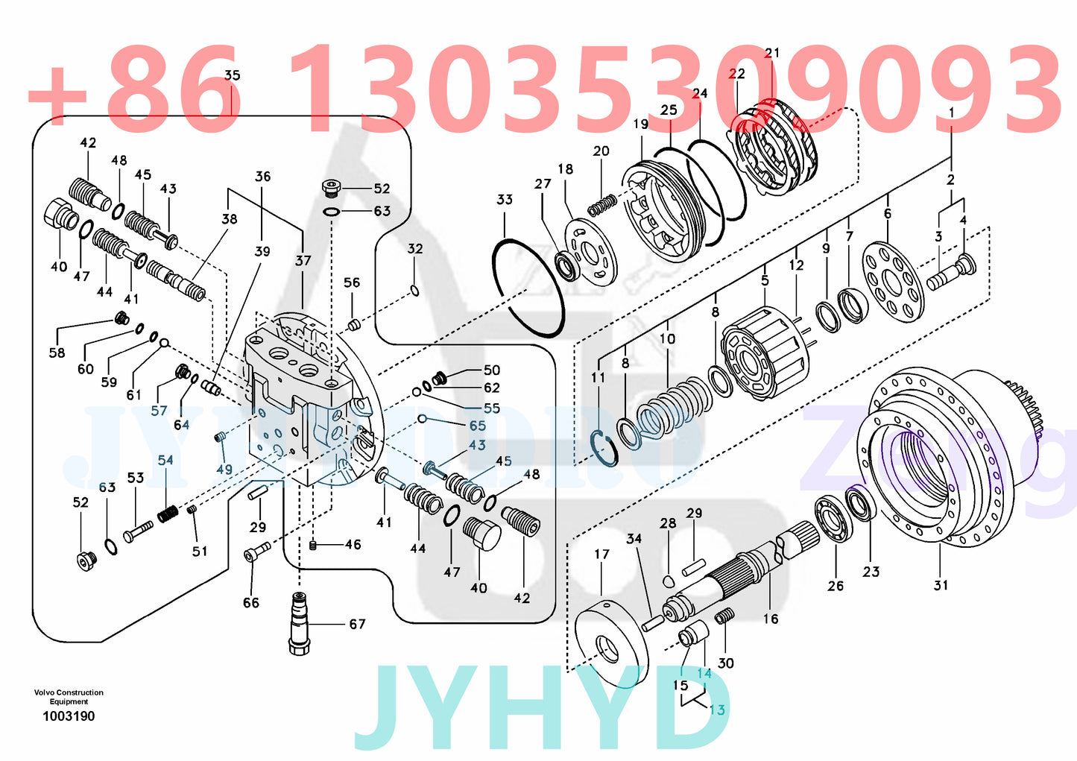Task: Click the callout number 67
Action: pos(357,624)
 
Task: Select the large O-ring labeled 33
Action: pos(528,288)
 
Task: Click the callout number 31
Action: pos(941,585)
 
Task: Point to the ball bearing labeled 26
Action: pos(833,519)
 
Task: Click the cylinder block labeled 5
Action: pos(765,356)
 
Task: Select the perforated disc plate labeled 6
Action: pos(892,282)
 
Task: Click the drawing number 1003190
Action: pos(69,716)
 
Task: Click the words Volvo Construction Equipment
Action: pos(69,697)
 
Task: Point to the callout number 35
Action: pos(233,75)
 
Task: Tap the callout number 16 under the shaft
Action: pos(770,619)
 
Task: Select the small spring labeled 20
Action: pos(603,202)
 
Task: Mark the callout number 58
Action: pos(57,353)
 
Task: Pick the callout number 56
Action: pos(351,282)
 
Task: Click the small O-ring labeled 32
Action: pos(415,289)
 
